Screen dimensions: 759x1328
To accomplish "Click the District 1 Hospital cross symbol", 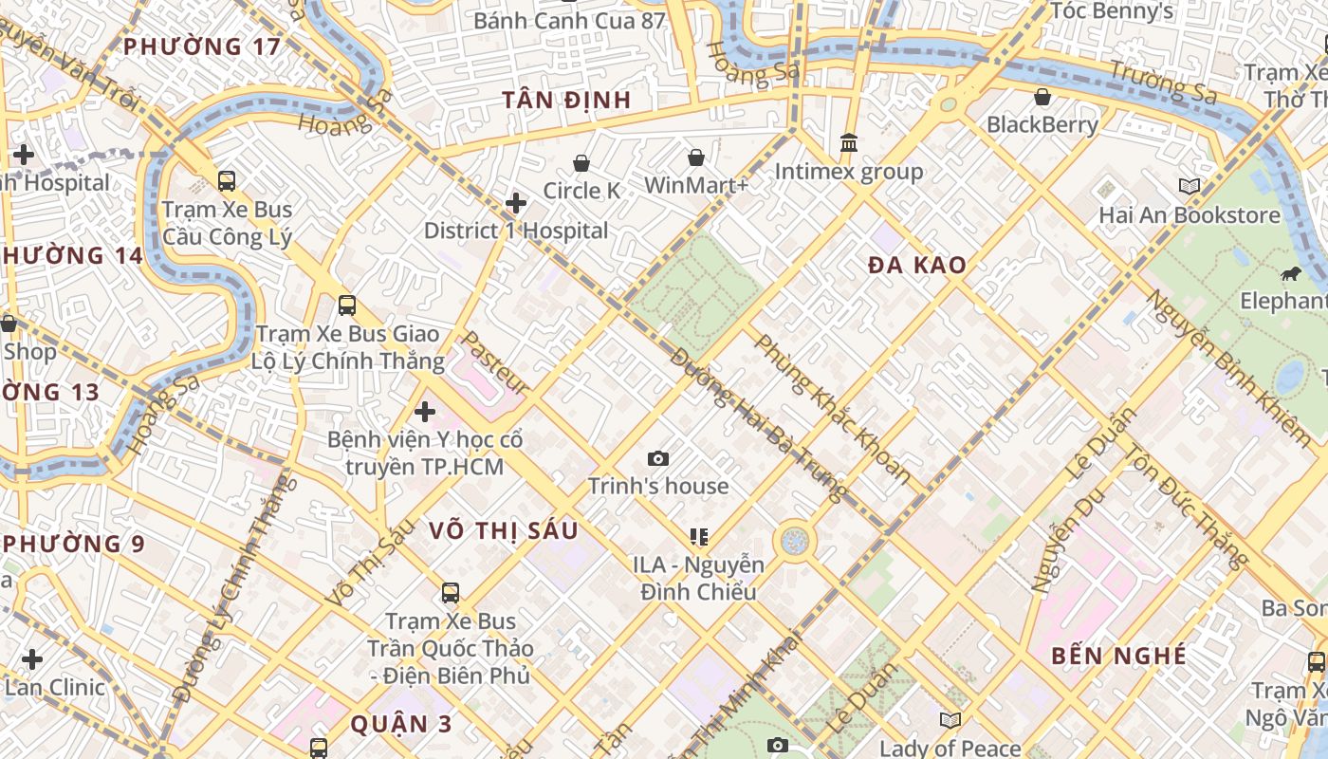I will pos(516,203).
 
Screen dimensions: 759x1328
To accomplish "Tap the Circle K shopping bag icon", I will pos(581,163).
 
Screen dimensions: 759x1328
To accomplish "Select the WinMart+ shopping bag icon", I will pos(696,157).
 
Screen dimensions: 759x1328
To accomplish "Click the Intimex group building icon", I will pos(849,142).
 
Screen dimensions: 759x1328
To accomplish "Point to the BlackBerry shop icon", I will pos(1042,97).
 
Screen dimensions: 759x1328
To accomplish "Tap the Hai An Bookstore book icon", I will pos(1189,186).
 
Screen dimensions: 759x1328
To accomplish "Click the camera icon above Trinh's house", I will pos(658,459).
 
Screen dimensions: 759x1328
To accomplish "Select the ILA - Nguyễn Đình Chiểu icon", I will pos(699,537).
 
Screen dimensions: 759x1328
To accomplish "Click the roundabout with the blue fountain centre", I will pos(795,542).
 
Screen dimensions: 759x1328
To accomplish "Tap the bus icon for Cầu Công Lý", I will pos(227,180).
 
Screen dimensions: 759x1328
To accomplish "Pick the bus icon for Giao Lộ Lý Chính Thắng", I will pos(347,305).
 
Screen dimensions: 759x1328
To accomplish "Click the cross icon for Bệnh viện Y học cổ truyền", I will pos(425,412).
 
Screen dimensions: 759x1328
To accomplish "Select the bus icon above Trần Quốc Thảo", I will pos(451,593).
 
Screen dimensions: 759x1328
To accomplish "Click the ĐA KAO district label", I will pos(917,266).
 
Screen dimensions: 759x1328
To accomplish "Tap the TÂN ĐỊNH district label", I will pos(566,100).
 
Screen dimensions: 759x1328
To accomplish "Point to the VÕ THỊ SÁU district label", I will pos(503,530).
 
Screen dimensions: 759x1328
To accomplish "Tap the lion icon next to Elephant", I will pos(1289,275).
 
